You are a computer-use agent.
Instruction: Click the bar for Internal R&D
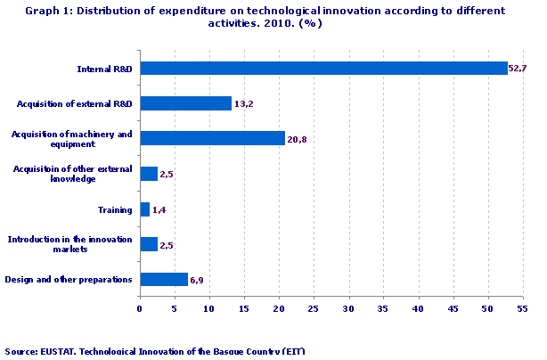323,68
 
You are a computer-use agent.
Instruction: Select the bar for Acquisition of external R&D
185,103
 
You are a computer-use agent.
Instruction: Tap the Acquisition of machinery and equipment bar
212,138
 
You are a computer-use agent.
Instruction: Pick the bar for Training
144,209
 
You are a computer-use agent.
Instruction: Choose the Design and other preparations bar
163,280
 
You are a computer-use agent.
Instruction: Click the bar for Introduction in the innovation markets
148,244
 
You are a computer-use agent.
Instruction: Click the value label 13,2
244,104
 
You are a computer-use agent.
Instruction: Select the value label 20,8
298,139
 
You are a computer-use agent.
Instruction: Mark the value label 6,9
198,281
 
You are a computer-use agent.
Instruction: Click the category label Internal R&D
105,68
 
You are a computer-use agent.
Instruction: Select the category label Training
115,209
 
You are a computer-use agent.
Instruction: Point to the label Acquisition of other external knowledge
74,174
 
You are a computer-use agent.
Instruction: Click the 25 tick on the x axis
314,309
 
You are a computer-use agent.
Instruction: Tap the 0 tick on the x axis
140,309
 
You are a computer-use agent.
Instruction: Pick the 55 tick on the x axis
522,309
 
